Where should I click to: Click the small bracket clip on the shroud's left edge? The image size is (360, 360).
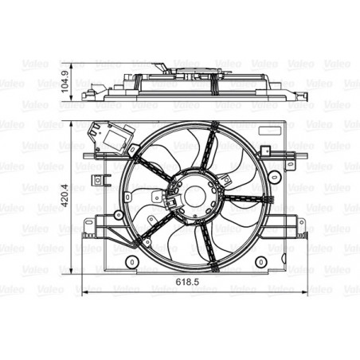100,179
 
